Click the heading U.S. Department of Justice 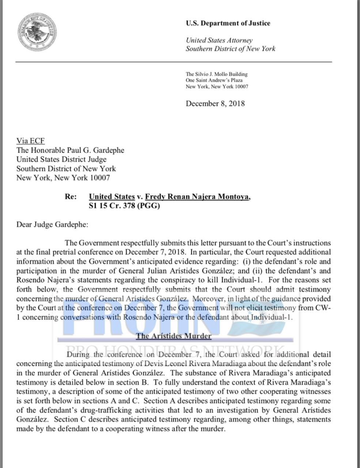[x=228, y=23]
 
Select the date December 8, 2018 [x=215, y=103]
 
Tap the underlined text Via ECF [x=30, y=141]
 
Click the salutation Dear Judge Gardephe [x=52, y=224]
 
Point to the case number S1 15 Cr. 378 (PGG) [x=124, y=205]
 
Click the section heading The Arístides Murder [x=174, y=336]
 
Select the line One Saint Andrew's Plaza [x=214, y=80]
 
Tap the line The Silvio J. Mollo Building [x=216, y=74]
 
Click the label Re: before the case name [x=71, y=196]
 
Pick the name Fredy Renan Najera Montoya [x=198, y=196]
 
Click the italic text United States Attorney [x=219, y=40]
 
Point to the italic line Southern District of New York [x=230, y=49]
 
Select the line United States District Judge [x=61, y=159]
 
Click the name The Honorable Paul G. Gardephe [x=70, y=150]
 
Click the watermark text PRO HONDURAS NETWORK [x=175, y=350]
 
